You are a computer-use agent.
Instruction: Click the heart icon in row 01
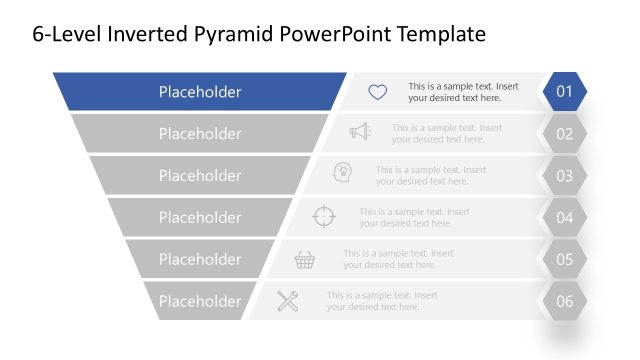point(377,92)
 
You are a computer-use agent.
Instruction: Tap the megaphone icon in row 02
point(359,132)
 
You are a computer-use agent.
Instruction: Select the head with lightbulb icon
point(342,173)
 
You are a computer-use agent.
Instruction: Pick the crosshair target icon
point(325,216)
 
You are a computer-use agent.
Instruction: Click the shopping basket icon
point(305,259)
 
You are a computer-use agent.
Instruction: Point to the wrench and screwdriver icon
point(288,300)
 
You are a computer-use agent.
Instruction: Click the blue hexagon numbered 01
point(564,92)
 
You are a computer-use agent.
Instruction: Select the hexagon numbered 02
point(564,134)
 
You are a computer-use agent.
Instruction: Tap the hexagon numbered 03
point(564,176)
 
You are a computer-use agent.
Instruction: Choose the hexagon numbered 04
point(564,217)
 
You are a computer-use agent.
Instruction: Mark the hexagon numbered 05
point(564,259)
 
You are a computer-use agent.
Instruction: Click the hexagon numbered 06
point(564,301)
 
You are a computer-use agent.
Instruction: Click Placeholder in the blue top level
point(200,92)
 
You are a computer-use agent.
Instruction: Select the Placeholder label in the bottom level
point(200,301)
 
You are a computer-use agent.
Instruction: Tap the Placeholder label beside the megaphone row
point(200,134)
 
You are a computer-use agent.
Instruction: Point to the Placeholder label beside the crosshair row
point(200,217)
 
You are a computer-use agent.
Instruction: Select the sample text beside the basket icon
point(398,259)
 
